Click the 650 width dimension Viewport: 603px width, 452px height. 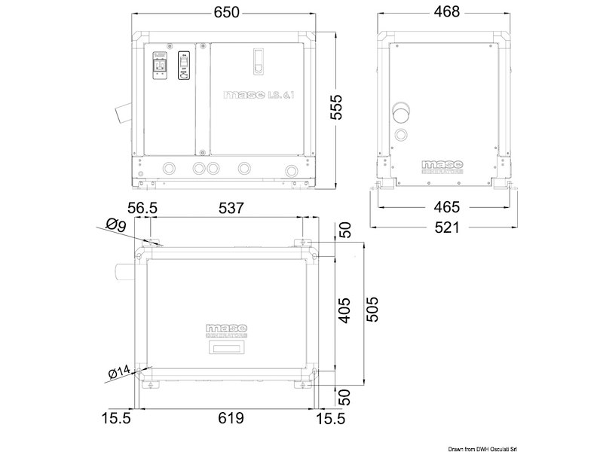tap(226, 13)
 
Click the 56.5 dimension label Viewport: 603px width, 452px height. tap(142, 209)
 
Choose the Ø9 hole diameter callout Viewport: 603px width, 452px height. tap(115, 223)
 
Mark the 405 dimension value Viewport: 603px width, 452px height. tap(344, 308)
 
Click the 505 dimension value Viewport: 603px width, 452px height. tap(370, 308)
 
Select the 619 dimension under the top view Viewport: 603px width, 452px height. tap(226, 417)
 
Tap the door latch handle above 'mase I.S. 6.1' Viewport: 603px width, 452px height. tap(258, 61)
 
